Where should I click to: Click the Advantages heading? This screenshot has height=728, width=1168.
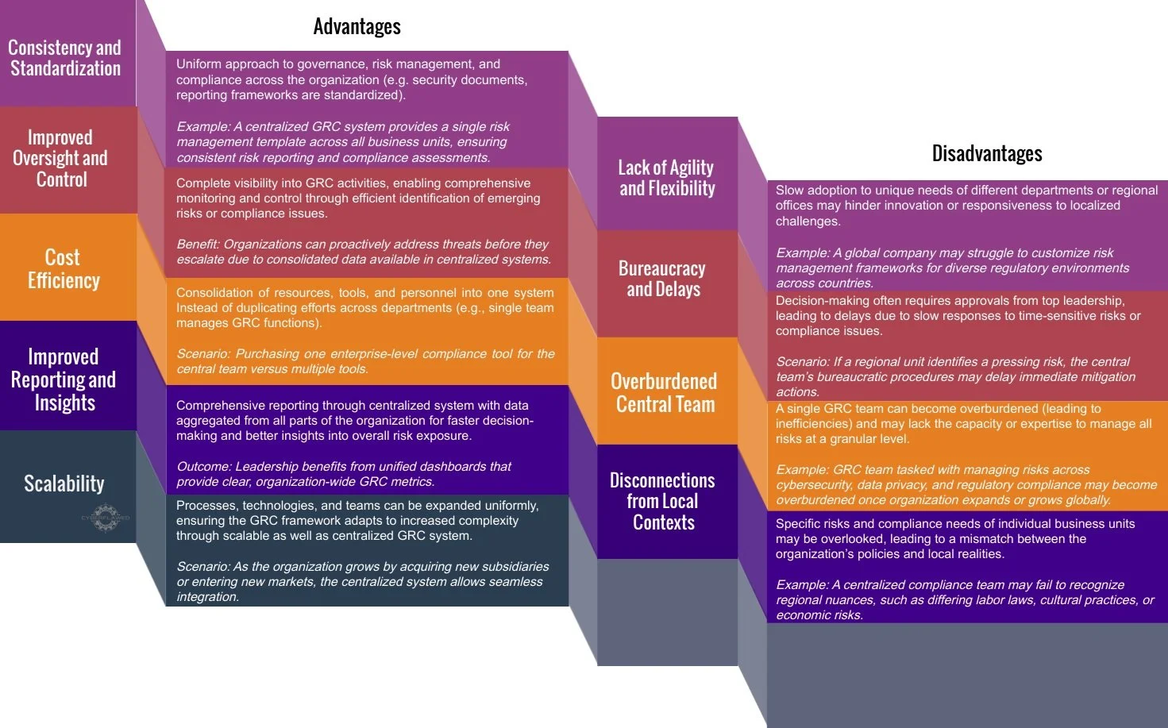(357, 27)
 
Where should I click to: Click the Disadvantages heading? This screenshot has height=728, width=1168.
(986, 153)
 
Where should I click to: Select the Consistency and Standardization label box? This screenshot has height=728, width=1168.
(65, 58)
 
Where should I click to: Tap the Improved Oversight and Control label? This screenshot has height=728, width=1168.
(60, 159)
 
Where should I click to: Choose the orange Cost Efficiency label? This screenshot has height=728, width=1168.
(64, 268)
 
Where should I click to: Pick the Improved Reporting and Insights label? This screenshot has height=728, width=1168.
(64, 379)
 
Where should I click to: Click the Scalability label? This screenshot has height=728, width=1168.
(64, 483)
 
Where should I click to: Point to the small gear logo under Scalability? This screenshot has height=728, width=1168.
(106, 518)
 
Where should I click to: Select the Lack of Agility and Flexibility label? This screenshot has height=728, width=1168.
(666, 178)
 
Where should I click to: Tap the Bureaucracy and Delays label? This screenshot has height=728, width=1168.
(663, 279)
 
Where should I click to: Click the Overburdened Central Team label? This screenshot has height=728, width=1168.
(665, 392)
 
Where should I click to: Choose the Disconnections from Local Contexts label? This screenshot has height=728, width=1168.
(663, 501)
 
